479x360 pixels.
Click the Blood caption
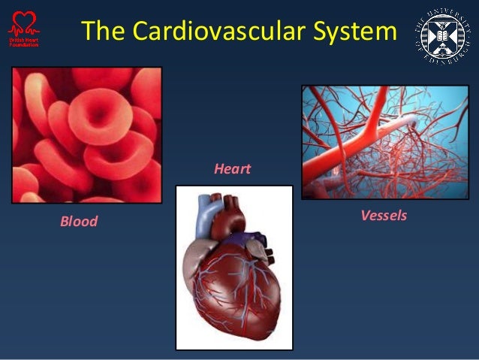pos(79,222)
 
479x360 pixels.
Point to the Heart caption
pos(232,169)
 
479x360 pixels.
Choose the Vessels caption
pos(384,216)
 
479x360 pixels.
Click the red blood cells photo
pos(86,135)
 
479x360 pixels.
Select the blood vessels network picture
pos(384,142)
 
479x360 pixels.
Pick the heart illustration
pos(233,268)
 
